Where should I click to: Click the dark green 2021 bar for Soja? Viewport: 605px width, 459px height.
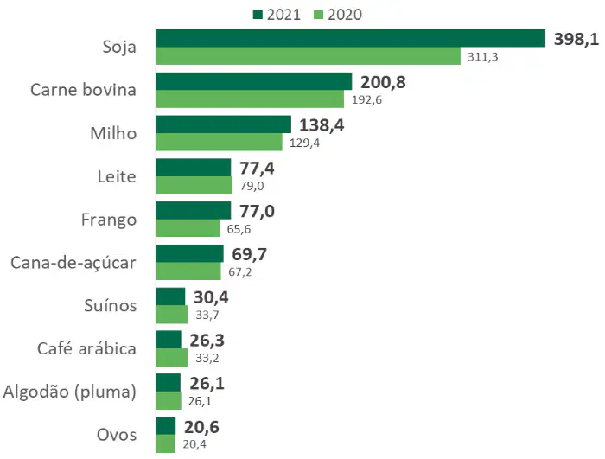point(350,38)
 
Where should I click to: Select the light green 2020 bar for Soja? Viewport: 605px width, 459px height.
point(308,56)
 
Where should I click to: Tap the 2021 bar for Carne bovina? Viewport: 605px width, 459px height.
point(254,81)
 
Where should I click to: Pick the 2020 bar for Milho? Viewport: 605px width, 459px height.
point(219,142)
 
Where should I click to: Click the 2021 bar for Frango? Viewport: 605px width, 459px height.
point(194,210)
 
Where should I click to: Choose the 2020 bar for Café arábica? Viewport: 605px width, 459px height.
point(172,358)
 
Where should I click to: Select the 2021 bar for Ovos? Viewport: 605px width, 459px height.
point(166,426)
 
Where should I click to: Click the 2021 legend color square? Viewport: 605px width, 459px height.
point(258,15)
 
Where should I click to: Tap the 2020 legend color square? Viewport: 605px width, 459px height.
point(318,15)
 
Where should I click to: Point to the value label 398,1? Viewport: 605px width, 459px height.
point(576,40)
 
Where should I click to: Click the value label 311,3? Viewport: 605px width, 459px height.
point(482,57)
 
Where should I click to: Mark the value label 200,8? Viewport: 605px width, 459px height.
point(383,83)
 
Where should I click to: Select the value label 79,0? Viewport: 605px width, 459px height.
point(252,186)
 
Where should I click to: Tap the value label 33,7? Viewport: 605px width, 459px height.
point(207,315)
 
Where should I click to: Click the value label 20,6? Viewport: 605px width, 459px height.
point(201,427)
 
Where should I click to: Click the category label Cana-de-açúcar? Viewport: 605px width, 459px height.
point(73,263)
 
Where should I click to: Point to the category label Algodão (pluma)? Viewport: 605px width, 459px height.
point(69,392)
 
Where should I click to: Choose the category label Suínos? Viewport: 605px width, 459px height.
point(111,305)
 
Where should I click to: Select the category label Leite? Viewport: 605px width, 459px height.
point(117,176)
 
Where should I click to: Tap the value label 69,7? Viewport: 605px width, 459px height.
point(249,254)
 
